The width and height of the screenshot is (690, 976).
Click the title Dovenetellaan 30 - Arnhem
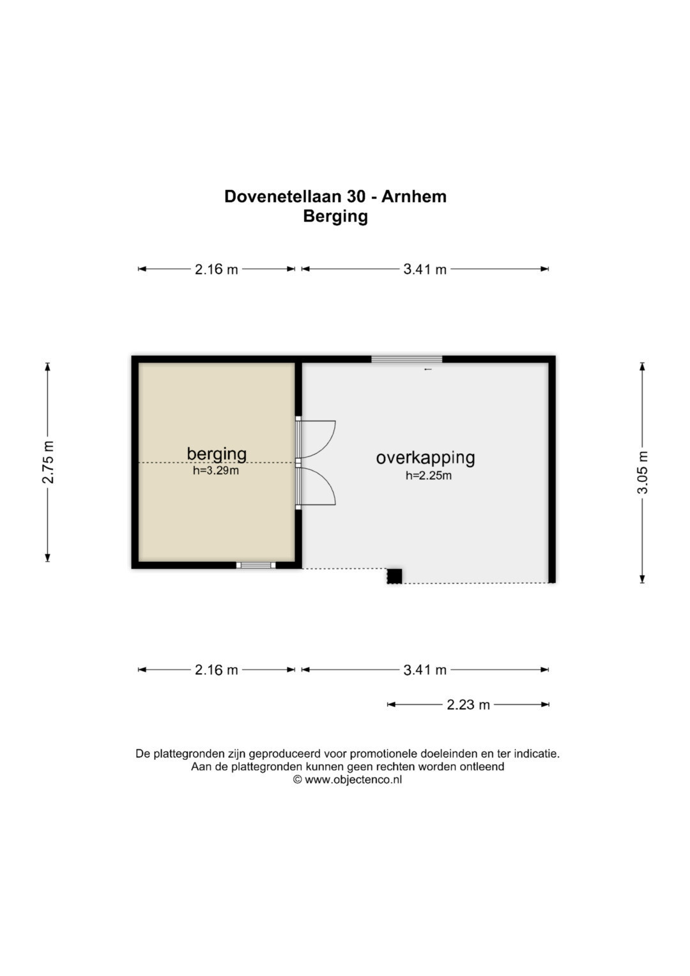335,196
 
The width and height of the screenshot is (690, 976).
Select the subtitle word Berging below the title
335,217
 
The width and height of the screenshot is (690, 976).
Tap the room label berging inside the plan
217,454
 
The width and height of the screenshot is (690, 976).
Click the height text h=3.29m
216,470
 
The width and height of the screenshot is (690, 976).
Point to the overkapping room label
425,458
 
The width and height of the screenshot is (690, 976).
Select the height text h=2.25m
429,476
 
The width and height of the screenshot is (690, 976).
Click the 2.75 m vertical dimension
48,462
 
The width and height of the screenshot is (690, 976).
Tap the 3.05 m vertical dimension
643,472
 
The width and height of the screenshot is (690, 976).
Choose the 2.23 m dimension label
468,704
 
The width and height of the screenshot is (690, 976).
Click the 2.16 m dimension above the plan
216,269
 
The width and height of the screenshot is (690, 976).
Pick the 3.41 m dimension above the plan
425,269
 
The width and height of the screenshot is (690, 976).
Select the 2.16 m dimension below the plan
216,670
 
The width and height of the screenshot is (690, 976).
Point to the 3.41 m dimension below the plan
425,670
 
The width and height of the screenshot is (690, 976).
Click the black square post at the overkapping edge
395,576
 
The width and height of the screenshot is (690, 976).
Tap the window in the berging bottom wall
256,565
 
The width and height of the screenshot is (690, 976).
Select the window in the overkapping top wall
407,359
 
